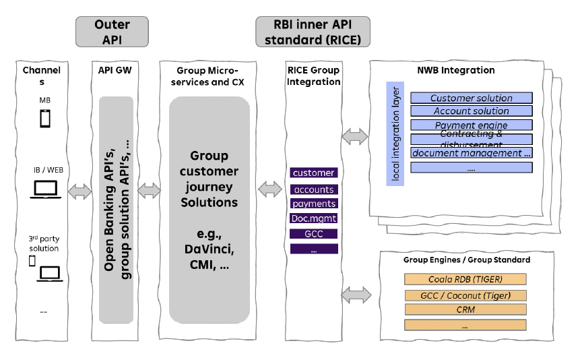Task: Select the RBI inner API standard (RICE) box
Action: click(x=313, y=32)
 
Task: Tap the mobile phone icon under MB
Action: click(x=44, y=119)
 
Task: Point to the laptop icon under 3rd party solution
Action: click(x=49, y=273)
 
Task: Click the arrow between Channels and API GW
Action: click(x=79, y=192)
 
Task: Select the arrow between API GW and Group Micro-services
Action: click(x=150, y=191)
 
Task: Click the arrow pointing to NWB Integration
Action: click(x=355, y=137)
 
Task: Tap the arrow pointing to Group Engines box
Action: click(x=356, y=295)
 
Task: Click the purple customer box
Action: click(x=314, y=173)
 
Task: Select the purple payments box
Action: click(x=314, y=204)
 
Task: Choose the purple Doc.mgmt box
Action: click(x=314, y=218)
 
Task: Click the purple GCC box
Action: click(x=314, y=234)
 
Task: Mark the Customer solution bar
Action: click(x=472, y=98)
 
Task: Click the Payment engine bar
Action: click(x=472, y=125)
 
